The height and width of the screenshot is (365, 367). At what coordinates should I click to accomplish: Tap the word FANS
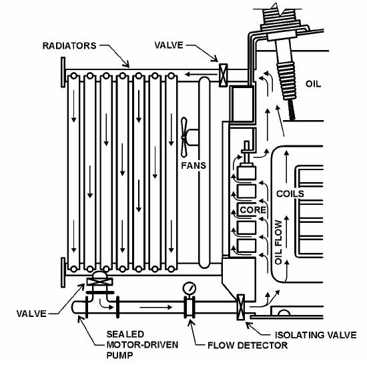(x=193, y=162)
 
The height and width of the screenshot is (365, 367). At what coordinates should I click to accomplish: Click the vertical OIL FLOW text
(x=280, y=240)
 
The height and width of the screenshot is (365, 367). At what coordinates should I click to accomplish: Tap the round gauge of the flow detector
(x=190, y=288)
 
